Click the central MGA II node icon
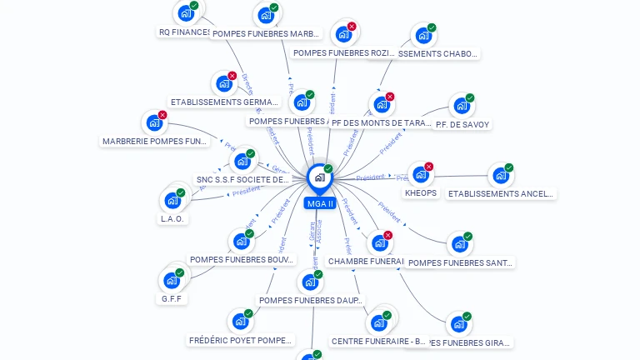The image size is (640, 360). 318,177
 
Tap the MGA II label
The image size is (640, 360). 319,203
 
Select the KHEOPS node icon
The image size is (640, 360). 419,175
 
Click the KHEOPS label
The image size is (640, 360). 421,193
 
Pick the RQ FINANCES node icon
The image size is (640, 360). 184,14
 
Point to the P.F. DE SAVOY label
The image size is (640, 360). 462,124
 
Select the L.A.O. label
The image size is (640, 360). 172,218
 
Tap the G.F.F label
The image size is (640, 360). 172,298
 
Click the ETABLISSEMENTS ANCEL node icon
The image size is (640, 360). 499,176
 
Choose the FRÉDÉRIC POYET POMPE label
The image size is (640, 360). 241,340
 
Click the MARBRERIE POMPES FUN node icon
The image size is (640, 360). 153,123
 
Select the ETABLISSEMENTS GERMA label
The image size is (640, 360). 223,102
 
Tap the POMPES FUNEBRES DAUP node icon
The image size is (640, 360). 310,282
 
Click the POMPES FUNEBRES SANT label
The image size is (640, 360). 461,262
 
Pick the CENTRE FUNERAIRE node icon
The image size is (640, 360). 380,322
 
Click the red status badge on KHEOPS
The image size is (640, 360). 429,167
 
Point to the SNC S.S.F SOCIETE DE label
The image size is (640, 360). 242,179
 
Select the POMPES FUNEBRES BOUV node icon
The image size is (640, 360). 242,242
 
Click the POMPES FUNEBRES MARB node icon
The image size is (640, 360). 265,15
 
